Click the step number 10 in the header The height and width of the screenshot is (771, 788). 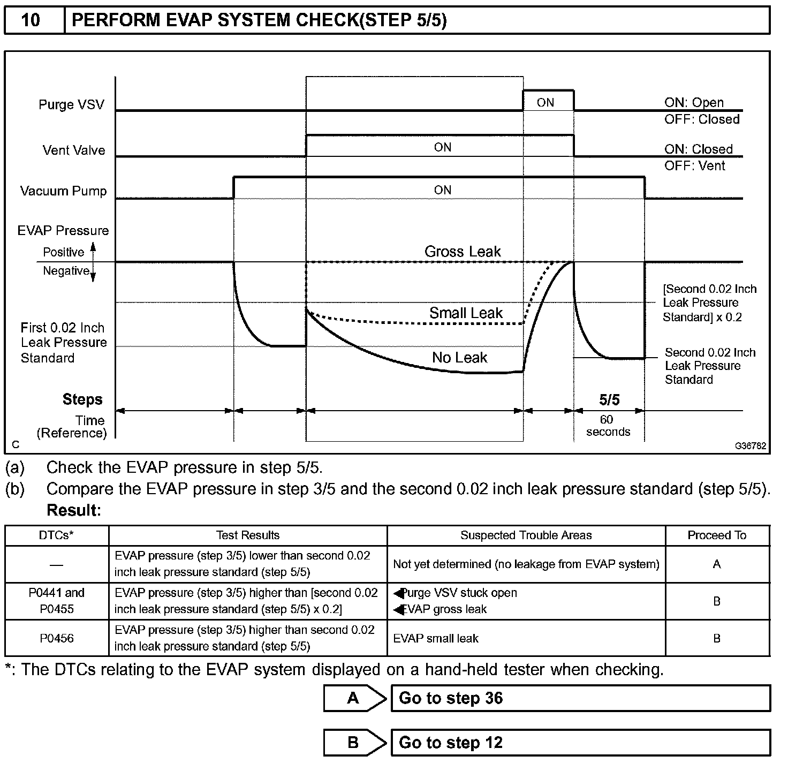coord(31,20)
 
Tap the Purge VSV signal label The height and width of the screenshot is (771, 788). coord(71,104)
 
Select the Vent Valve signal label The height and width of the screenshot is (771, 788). coord(74,150)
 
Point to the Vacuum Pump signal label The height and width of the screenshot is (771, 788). coord(63,191)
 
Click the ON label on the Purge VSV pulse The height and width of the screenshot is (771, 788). coord(545,102)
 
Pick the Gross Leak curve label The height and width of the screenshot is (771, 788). coord(463,252)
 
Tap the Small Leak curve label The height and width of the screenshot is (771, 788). coord(466,313)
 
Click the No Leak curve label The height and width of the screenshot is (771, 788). coord(459,358)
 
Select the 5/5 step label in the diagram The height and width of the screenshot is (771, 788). coord(609,399)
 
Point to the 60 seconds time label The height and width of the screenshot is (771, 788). coord(608,426)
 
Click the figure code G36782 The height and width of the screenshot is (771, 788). coord(750,445)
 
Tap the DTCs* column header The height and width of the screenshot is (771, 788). coord(56,535)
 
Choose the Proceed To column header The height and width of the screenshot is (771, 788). coord(717,535)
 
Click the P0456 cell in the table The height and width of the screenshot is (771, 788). coord(56,638)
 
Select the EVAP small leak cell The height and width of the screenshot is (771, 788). coord(436,638)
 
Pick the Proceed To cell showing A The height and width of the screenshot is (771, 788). coord(717,564)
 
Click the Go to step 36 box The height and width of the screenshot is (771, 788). coord(580,698)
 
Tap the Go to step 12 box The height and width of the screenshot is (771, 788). coord(580,743)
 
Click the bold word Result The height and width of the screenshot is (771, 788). coord(74,510)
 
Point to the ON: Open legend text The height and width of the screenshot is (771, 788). coord(694,102)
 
